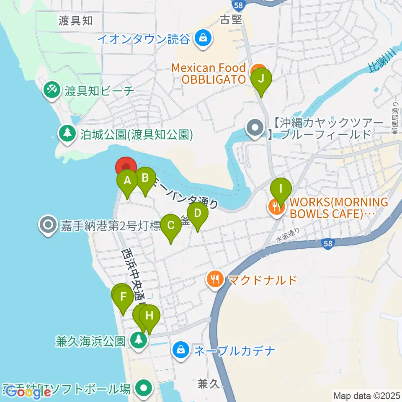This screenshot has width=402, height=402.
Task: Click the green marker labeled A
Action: tap(126, 181)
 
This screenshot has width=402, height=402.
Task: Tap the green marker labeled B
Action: tap(145, 178)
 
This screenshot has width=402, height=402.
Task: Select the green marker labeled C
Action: tap(171, 226)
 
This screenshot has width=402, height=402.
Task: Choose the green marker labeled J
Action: tap(261, 79)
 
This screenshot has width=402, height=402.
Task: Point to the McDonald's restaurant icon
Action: tap(215, 279)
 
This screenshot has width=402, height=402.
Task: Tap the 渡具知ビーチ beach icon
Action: tap(52, 90)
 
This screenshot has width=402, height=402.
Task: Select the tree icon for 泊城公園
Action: tap(67, 134)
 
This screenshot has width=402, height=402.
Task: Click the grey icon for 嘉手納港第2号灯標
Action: tap(48, 226)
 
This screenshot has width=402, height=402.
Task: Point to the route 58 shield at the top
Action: tap(237, 4)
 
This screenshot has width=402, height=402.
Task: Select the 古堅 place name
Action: tap(231, 20)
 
